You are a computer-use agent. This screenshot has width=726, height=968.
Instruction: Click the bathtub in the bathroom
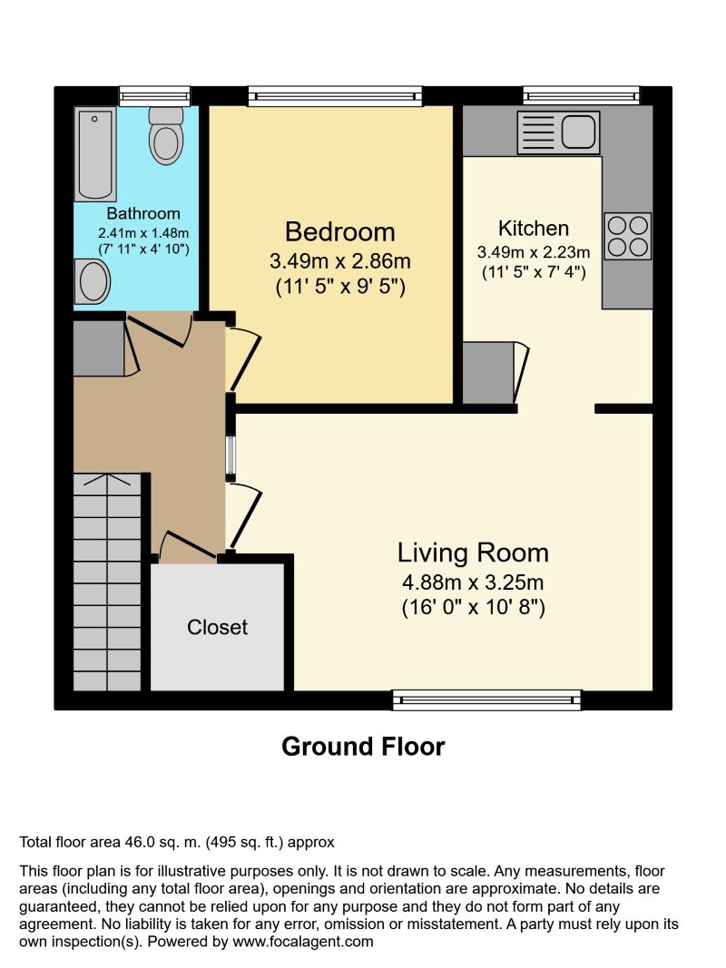point(96,154)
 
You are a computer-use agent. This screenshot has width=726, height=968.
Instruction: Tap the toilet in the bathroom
point(166,135)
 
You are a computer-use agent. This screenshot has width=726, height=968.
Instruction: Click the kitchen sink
point(559,132)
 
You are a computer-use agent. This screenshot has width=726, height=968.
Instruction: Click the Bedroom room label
point(340,231)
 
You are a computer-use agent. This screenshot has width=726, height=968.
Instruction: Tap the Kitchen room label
point(534,229)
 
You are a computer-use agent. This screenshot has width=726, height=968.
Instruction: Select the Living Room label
point(473,552)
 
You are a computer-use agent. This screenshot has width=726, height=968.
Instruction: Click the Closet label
point(218,627)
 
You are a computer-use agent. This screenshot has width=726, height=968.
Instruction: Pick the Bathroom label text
point(143,214)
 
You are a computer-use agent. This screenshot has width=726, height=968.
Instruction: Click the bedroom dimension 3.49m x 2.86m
point(340,261)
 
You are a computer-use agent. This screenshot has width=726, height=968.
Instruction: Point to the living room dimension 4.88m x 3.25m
point(473,582)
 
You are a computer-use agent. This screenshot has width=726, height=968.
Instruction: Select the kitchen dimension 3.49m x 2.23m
point(534,252)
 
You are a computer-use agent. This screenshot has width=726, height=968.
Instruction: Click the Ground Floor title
point(363,747)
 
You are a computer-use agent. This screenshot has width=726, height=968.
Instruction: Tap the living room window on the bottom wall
point(486,699)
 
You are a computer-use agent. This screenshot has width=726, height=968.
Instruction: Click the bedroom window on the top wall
point(336,95)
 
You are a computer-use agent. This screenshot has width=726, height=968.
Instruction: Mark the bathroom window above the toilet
point(155,95)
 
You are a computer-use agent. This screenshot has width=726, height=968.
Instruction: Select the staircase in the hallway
point(107,581)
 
